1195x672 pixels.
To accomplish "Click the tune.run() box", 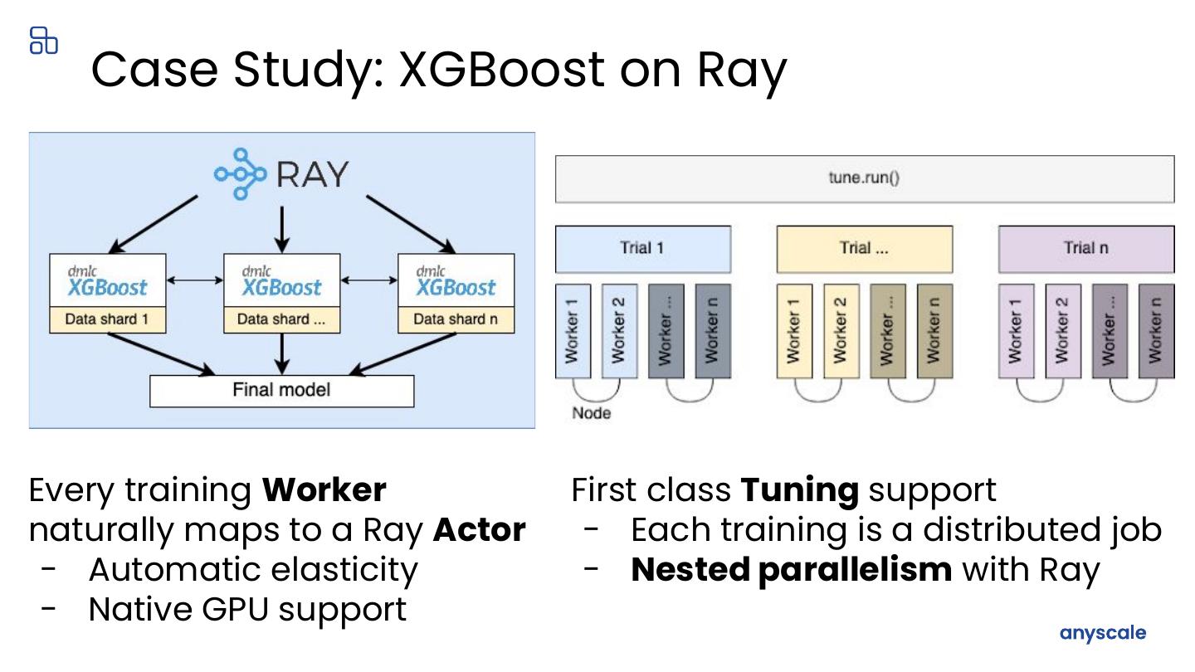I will pyautogui.click(x=864, y=178).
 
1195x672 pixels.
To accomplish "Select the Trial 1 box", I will pyautogui.click(x=642, y=248).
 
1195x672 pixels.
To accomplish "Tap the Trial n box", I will pyautogui.click(x=1085, y=248).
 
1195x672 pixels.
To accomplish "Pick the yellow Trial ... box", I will pyautogui.click(x=864, y=248).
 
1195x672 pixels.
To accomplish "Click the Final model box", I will pyautogui.click(x=281, y=391).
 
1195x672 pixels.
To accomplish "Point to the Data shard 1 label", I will pyautogui.click(x=108, y=319).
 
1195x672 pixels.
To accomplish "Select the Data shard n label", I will pyautogui.click(x=456, y=319).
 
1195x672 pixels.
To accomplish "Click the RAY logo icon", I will pyautogui.click(x=241, y=174).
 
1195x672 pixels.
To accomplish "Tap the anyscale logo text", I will pyautogui.click(x=1102, y=633).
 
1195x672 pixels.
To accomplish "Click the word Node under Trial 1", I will pyautogui.click(x=591, y=413).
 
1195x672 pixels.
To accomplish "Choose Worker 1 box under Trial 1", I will pyautogui.click(x=573, y=331).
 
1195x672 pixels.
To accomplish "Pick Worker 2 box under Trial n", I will pyautogui.click(x=1062, y=331).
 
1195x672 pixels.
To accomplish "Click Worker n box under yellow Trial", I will pyautogui.click(x=934, y=331).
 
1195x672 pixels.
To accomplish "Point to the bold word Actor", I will pyautogui.click(x=479, y=530).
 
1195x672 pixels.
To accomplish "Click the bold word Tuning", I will pyautogui.click(x=799, y=490).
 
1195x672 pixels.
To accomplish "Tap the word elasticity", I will pyautogui.click(x=348, y=570).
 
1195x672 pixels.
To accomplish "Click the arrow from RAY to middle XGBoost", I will pyautogui.click(x=282, y=227).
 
